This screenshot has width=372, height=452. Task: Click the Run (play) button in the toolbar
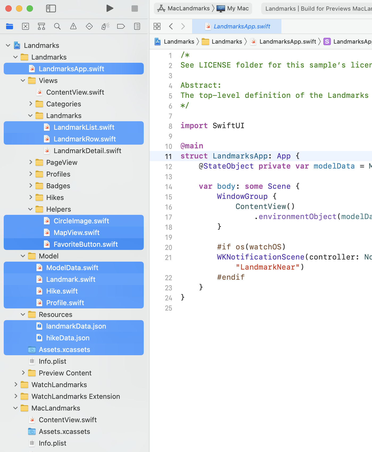click(110, 9)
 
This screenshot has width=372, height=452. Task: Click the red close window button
click(9, 9)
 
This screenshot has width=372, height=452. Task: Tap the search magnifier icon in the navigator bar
click(57, 26)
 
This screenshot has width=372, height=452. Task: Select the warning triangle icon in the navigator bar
click(73, 26)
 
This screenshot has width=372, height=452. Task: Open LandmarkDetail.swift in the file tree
click(87, 151)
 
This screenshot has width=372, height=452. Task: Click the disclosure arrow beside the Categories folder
click(31, 104)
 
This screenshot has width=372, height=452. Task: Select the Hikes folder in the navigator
click(55, 198)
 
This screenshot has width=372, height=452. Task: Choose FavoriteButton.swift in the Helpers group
click(86, 244)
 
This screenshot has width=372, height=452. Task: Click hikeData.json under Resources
click(68, 338)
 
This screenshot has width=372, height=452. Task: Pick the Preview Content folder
click(65, 373)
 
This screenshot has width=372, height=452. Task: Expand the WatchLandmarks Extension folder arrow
click(16, 396)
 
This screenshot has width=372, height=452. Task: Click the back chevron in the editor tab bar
click(171, 26)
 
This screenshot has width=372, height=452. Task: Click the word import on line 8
click(194, 125)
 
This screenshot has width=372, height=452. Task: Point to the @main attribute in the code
click(192, 146)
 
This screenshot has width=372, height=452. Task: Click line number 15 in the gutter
click(168, 197)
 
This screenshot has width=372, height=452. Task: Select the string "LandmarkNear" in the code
click(268, 267)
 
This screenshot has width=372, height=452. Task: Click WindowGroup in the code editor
click(242, 196)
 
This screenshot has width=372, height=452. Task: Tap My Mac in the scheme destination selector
click(238, 9)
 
